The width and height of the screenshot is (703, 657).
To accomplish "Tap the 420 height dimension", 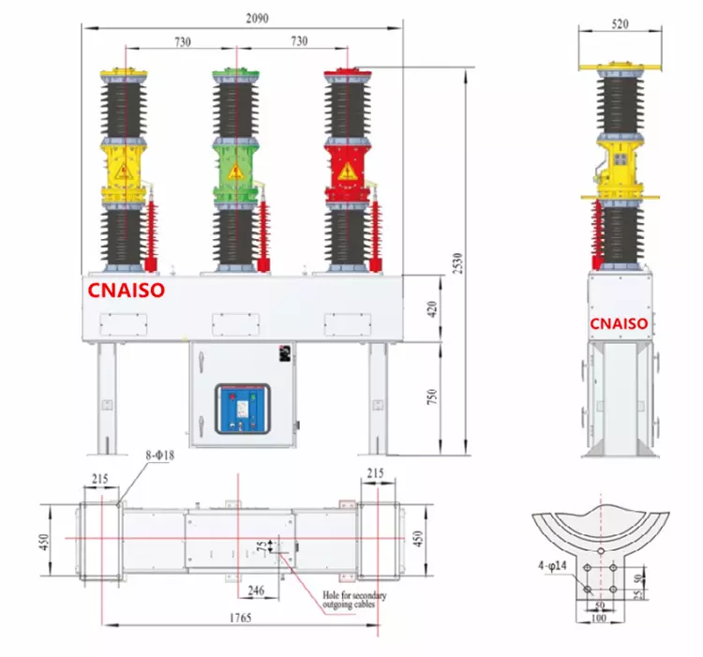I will (433, 308).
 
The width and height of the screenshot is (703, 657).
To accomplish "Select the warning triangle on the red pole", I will (347, 171).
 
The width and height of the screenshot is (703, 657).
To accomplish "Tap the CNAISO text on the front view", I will (127, 291).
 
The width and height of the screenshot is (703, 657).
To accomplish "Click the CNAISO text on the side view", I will (619, 323).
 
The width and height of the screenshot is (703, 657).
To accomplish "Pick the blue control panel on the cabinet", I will (242, 409).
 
